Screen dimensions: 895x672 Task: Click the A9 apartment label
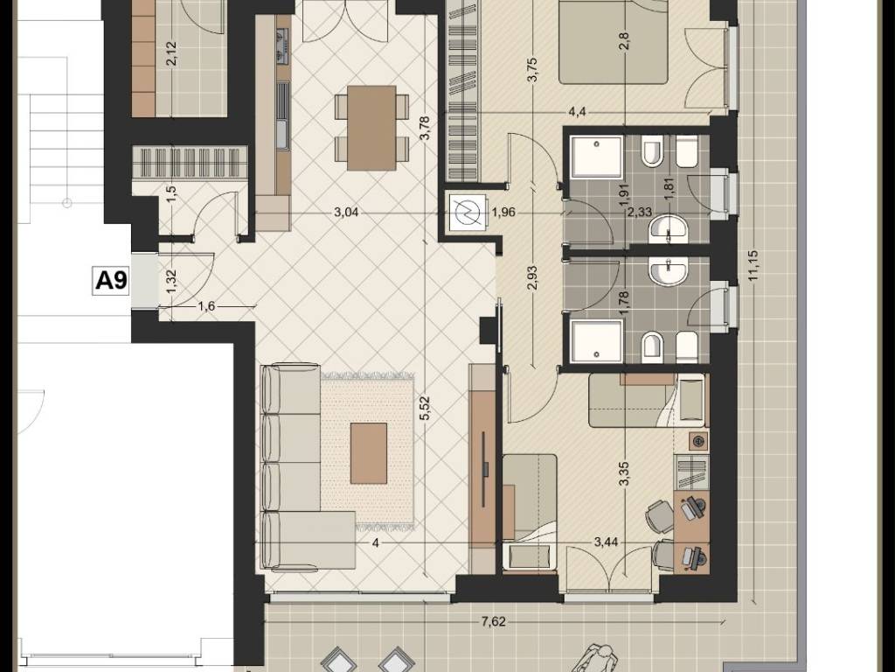pyautogui.click(x=111, y=281)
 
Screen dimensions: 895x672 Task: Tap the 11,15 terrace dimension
pyautogui.click(x=753, y=266)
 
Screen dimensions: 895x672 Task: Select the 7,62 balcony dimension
pyautogui.click(x=493, y=622)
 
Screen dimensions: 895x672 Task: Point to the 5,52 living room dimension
pyautogui.click(x=424, y=409)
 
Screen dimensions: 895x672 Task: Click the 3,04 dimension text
pyautogui.click(x=346, y=213)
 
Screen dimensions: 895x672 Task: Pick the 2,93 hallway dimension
pyautogui.click(x=532, y=277)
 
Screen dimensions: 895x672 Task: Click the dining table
pyautogui.click(x=371, y=128)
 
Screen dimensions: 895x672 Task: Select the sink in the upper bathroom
pyautogui.click(x=669, y=228)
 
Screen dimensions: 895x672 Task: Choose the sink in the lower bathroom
pyautogui.click(x=669, y=271)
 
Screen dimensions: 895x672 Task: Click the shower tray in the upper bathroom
pyautogui.click(x=596, y=157)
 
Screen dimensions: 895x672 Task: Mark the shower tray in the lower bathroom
pyautogui.click(x=596, y=341)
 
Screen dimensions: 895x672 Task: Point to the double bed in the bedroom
pyautogui.click(x=613, y=42)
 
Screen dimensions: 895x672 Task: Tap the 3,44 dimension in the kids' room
pyautogui.click(x=606, y=542)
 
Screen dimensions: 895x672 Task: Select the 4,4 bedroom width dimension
pyautogui.click(x=577, y=111)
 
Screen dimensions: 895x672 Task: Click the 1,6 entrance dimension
pyautogui.click(x=206, y=306)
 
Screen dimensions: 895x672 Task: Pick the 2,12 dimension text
pyautogui.click(x=173, y=53)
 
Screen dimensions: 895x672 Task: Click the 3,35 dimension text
pyautogui.click(x=626, y=473)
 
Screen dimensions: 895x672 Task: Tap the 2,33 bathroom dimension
pyautogui.click(x=639, y=212)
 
